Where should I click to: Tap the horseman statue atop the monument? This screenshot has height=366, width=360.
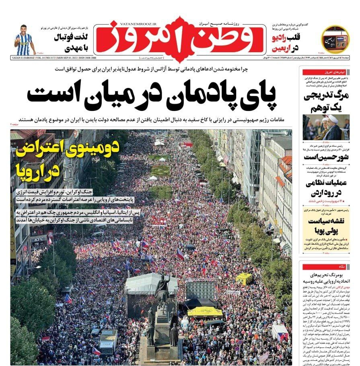[162, 288]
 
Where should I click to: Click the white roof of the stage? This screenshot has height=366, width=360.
[151, 282]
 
